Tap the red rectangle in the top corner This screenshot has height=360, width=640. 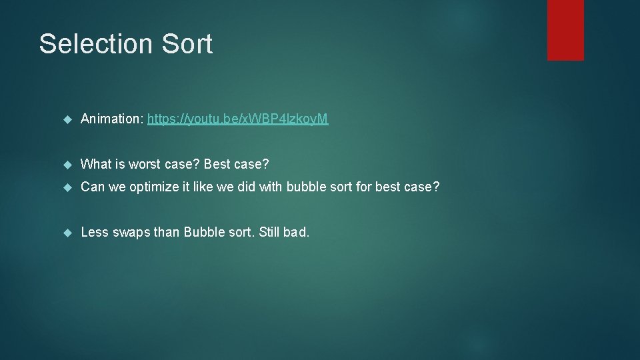coord(565,30)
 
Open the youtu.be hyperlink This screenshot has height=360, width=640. coord(238,119)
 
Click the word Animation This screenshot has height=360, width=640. coord(110,119)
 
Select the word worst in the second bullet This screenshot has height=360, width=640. coord(147,164)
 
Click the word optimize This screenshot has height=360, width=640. coord(155,187)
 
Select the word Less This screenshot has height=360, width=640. coord(94,233)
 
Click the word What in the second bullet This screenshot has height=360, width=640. coord(95,164)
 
